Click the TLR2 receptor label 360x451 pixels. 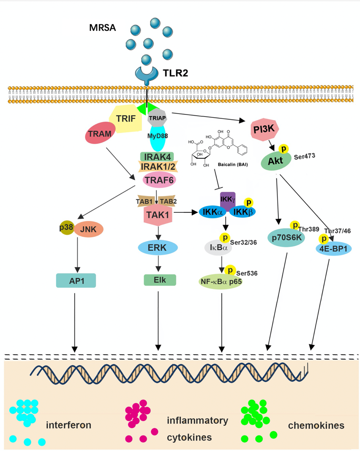coord(174,73)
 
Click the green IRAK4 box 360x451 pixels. coord(157,156)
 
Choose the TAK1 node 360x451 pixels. coord(157,215)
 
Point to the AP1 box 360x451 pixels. coord(76,280)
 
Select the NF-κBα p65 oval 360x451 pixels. coord(220,283)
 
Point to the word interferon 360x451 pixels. coord(69,424)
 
